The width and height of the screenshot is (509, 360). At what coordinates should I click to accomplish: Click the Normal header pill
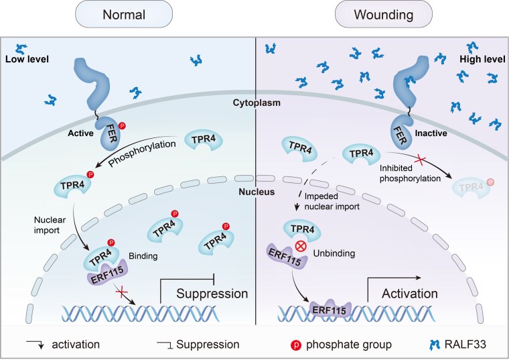(x=124, y=15)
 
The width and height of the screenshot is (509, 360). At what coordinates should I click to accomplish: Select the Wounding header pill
(x=384, y=15)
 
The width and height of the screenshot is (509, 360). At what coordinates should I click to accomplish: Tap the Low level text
(x=27, y=59)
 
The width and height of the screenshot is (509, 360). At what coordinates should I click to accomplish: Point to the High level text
(x=482, y=59)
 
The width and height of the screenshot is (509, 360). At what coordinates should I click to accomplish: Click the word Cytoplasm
(x=257, y=103)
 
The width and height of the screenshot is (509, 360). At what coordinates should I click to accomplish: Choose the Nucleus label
(x=257, y=192)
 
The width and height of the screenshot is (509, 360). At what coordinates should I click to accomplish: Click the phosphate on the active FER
(x=122, y=126)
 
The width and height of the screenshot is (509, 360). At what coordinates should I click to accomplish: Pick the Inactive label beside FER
(x=431, y=133)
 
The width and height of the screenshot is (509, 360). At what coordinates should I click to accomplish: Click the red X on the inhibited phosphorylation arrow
(x=421, y=160)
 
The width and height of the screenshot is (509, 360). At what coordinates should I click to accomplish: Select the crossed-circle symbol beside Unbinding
(x=301, y=246)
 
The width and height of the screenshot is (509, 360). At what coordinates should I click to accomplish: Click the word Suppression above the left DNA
(x=212, y=294)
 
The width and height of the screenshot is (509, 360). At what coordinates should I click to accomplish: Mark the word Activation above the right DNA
(x=410, y=294)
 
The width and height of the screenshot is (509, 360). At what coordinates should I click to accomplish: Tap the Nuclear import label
(x=50, y=225)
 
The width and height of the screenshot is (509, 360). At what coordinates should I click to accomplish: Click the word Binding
(x=143, y=256)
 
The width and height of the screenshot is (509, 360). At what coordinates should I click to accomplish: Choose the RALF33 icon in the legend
(x=435, y=345)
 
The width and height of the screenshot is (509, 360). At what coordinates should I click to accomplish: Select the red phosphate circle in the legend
(x=296, y=345)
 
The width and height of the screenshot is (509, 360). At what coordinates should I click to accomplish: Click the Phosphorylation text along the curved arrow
(x=142, y=154)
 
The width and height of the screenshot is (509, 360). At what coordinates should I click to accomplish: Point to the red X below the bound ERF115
(x=121, y=292)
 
